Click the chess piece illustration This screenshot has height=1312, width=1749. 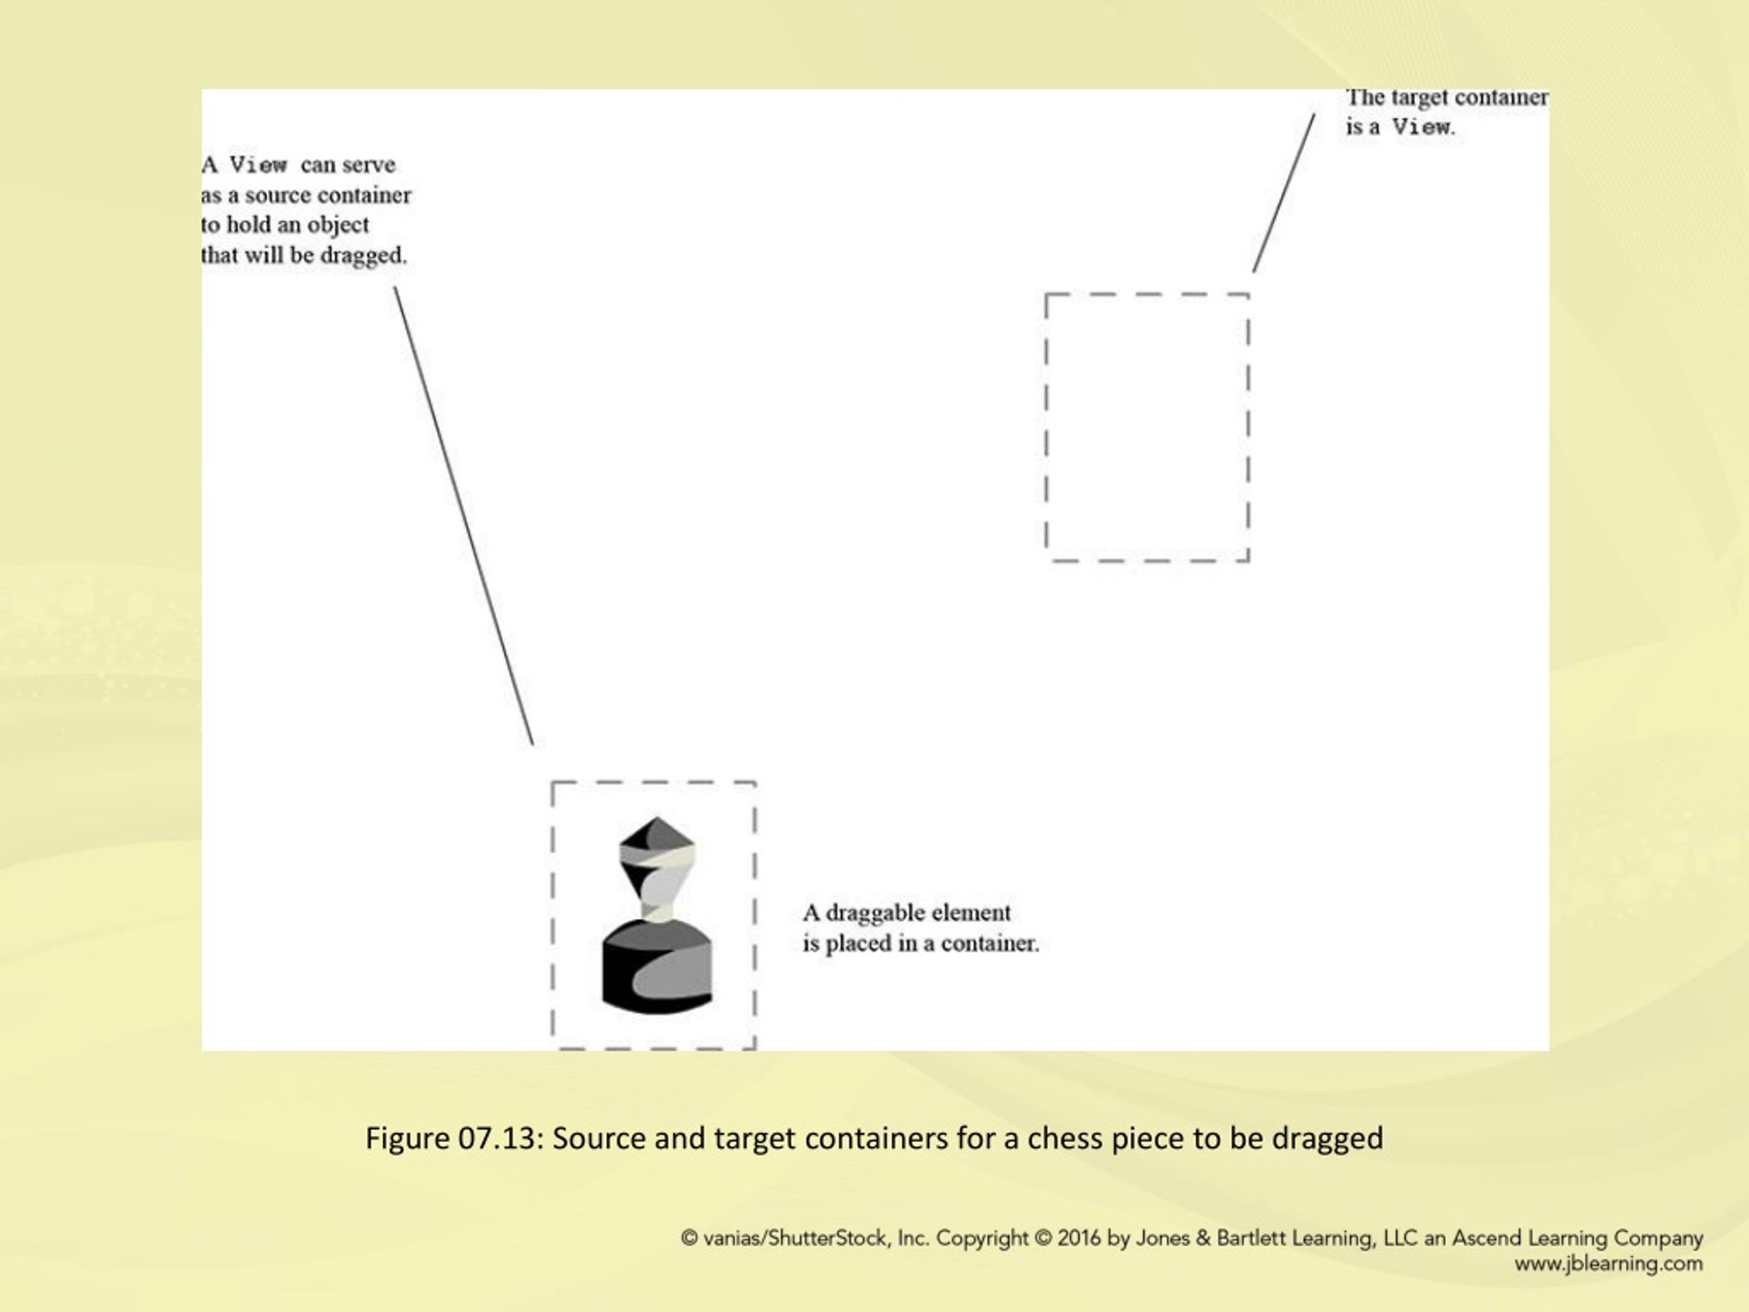[x=657, y=915]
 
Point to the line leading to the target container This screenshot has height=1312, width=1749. [x=1284, y=193]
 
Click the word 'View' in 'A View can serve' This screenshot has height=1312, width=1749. [x=258, y=165]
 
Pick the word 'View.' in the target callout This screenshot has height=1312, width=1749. [x=1423, y=126]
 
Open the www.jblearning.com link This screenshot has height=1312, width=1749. [x=1608, y=1263]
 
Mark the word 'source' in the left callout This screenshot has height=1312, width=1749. [x=277, y=195]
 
